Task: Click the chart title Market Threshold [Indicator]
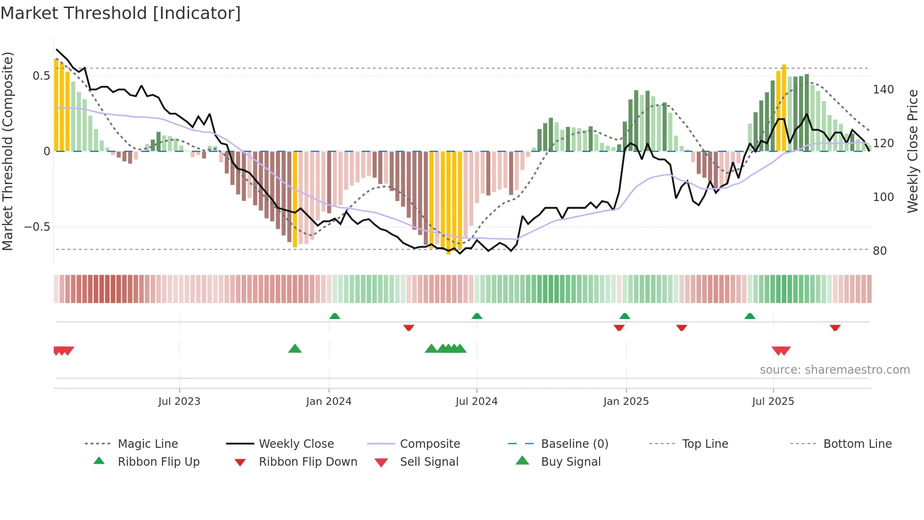point(121,13)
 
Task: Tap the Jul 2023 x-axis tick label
point(179,402)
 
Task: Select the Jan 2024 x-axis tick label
point(329,402)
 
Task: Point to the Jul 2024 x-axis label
point(476,402)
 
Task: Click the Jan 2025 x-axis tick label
point(626,402)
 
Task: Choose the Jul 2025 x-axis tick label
point(773,402)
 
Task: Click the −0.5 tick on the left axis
point(37,227)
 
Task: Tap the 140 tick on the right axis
point(883,90)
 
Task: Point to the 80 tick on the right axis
point(880,251)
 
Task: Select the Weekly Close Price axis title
point(913,151)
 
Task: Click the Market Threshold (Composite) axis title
point(8,151)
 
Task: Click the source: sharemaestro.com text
point(834,370)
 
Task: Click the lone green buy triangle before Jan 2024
point(295,349)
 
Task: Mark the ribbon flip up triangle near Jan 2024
point(335,316)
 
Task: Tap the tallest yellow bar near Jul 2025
point(784,108)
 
